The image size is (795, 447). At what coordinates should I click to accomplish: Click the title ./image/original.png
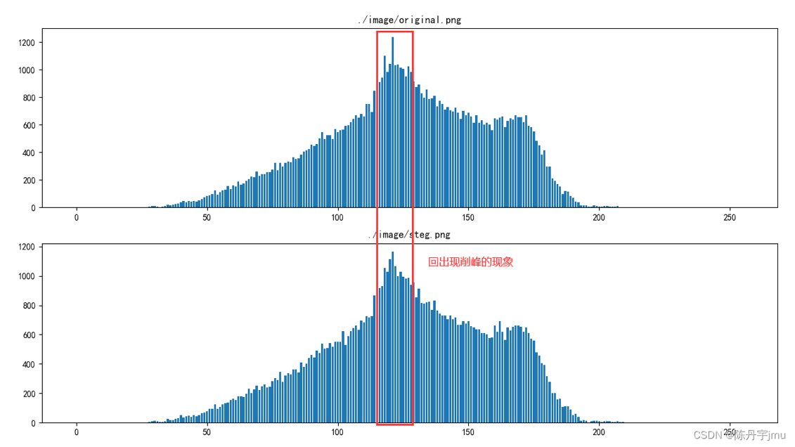(x=409, y=20)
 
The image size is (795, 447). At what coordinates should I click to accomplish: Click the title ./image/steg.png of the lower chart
(x=409, y=235)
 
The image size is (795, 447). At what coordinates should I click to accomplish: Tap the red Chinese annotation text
(x=470, y=262)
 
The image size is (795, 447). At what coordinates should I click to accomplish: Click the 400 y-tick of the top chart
(x=28, y=153)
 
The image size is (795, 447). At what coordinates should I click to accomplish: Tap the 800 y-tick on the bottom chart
(x=28, y=306)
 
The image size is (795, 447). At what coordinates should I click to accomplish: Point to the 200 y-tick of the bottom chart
(x=28, y=394)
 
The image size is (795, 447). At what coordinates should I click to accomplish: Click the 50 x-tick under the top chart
(x=207, y=218)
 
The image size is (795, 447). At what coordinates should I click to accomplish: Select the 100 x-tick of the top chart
(x=337, y=218)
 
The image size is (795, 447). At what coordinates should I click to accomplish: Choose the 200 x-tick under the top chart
(x=599, y=218)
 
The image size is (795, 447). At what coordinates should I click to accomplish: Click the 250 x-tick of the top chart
(x=729, y=218)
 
